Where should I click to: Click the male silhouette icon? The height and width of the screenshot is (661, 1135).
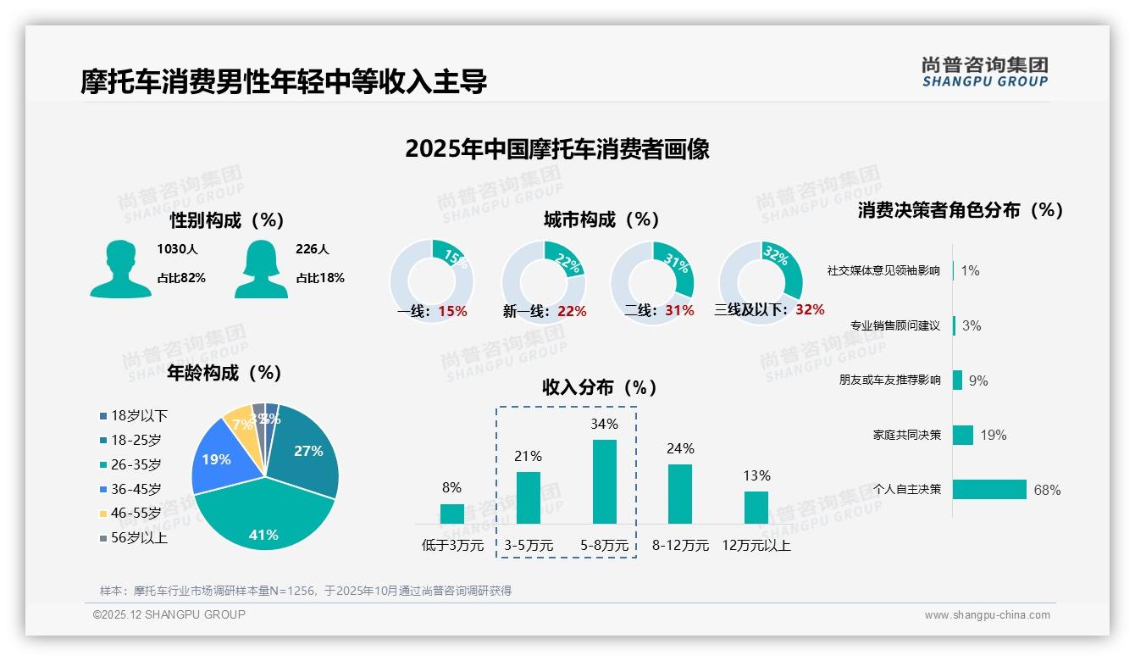point(120,269)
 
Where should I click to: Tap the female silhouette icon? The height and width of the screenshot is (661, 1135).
point(261,269)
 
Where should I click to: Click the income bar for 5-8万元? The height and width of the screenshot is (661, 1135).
point(605,481)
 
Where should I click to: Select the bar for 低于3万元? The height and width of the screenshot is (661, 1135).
point(452,514)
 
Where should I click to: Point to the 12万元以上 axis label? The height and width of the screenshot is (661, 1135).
point(756,546)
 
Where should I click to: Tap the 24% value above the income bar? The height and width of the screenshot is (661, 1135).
point(680,448)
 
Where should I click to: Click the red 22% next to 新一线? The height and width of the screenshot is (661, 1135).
point(572,312)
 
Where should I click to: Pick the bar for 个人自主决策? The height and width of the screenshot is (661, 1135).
point(989,489)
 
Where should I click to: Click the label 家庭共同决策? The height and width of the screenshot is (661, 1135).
point(906,435)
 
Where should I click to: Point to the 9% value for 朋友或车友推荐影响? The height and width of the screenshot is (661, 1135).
point(978,380)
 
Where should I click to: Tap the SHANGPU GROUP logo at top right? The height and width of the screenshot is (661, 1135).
point(984,72)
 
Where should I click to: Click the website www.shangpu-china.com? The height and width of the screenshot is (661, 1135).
point(987,615)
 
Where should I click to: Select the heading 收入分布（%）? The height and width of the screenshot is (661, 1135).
point(600,387)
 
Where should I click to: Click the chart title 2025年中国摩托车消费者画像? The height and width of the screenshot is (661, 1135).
point(557,149)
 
